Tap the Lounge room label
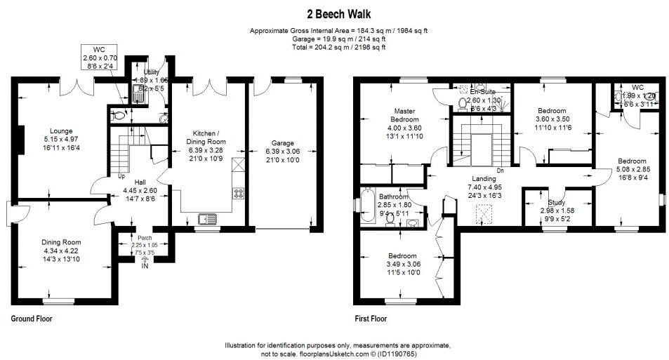(x=60, y=130)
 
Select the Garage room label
(x=283, y=143)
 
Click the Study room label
(x=557, y=203)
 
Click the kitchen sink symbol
(x=207, y=218)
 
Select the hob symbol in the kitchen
(x=238, y=192)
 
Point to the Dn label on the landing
(x=499, y=171)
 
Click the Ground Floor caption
(x=32, y=319)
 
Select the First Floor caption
(x=370, y=319)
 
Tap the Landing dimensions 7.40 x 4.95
(x=486, y=187)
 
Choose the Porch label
(x=145, y=238)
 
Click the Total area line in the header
(x=338, y=48)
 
